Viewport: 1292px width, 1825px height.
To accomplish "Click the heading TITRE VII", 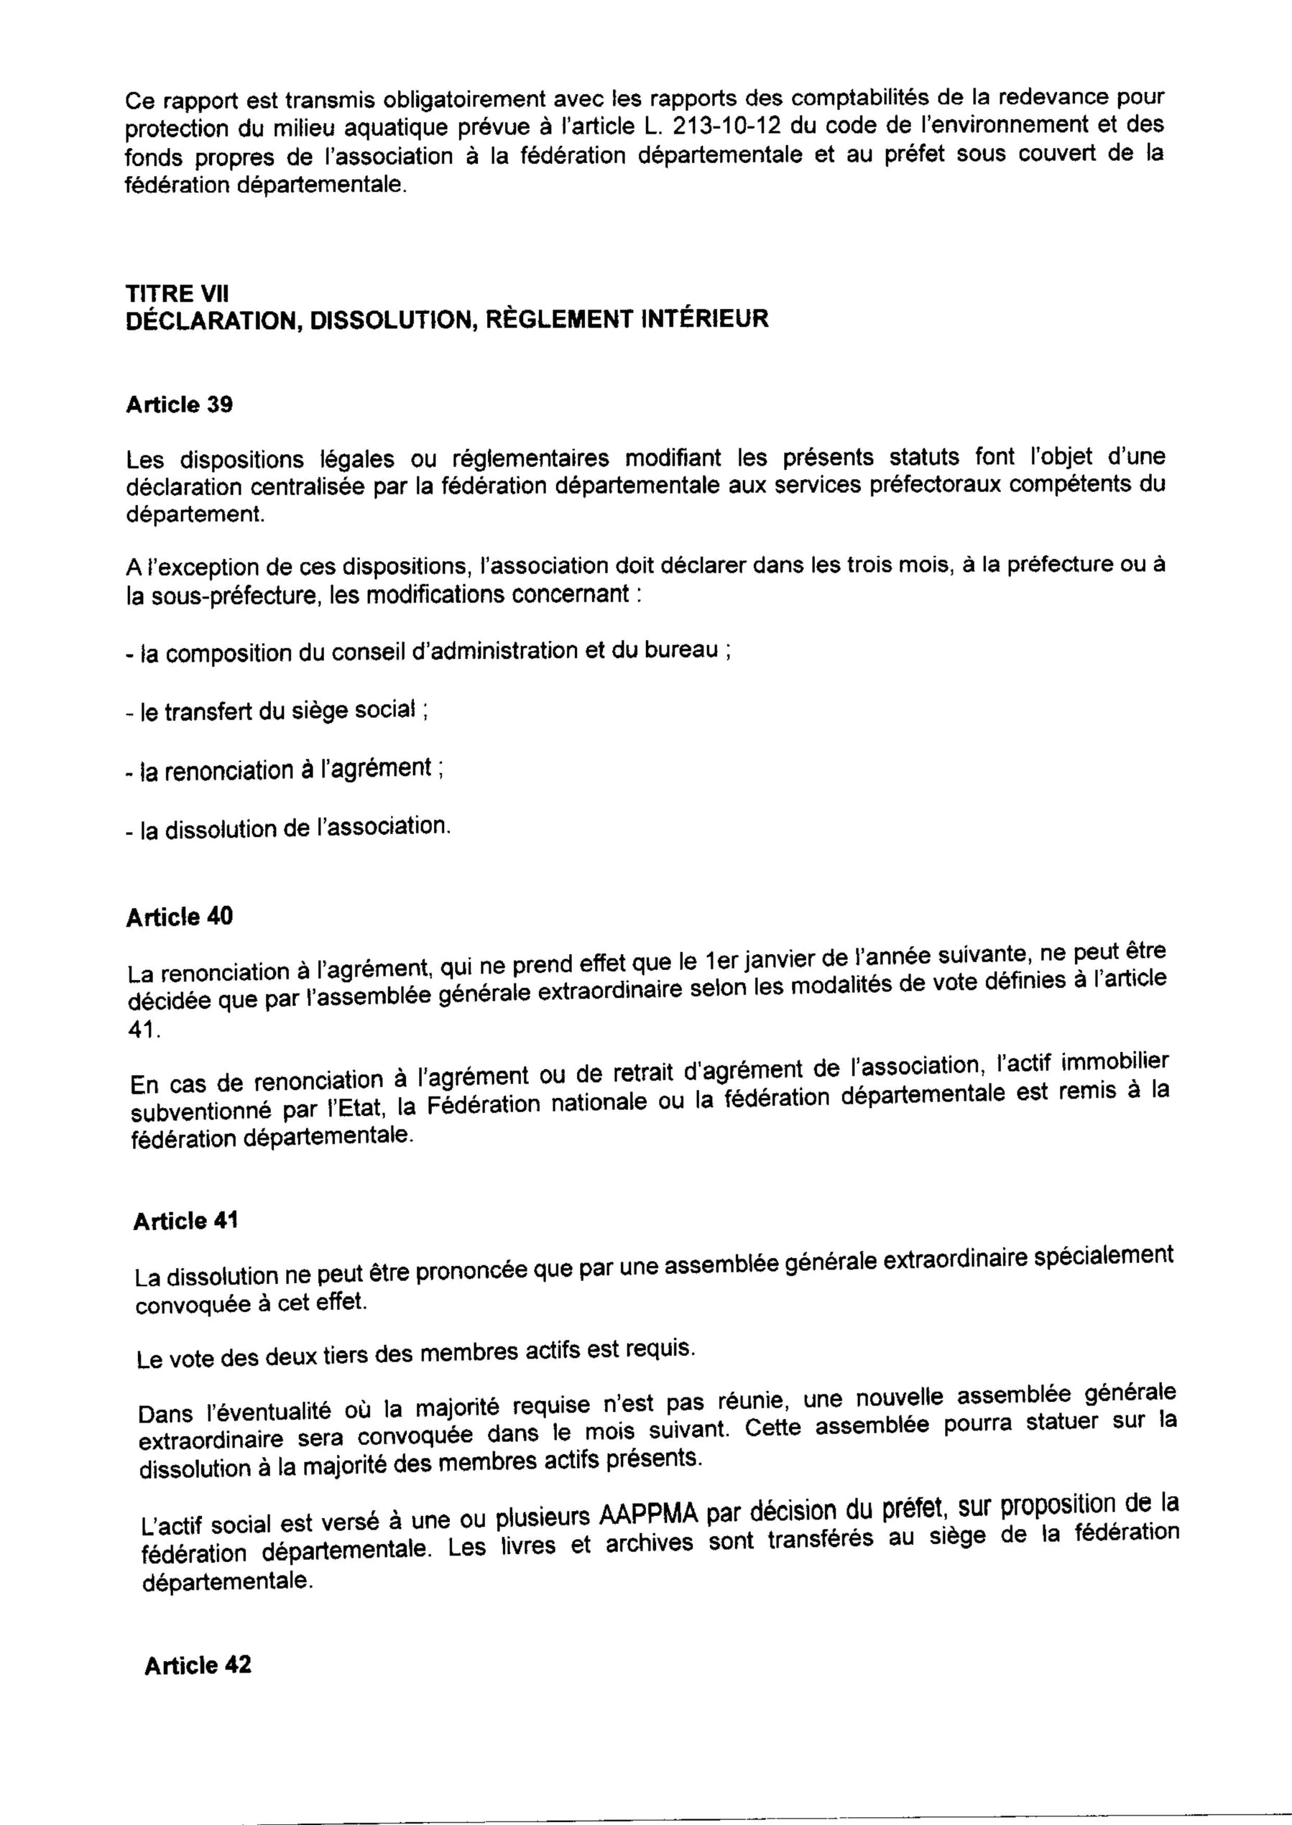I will tap(171, 294).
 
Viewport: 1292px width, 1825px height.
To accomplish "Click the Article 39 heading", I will tap(179, 405).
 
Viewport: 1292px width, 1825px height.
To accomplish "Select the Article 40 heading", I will tap(179, 918).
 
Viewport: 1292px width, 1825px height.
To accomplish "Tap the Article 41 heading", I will tap(185, 1221).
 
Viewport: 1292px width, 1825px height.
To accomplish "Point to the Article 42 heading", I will tap(198, 1642).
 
